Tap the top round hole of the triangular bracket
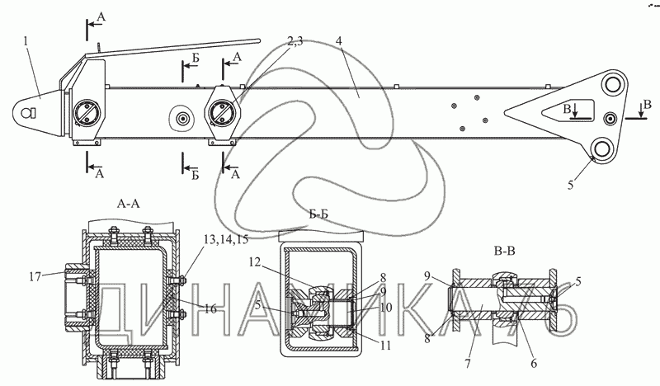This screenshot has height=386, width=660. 612,85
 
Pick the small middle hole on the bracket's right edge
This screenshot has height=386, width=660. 610,117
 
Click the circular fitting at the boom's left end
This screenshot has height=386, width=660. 86,113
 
